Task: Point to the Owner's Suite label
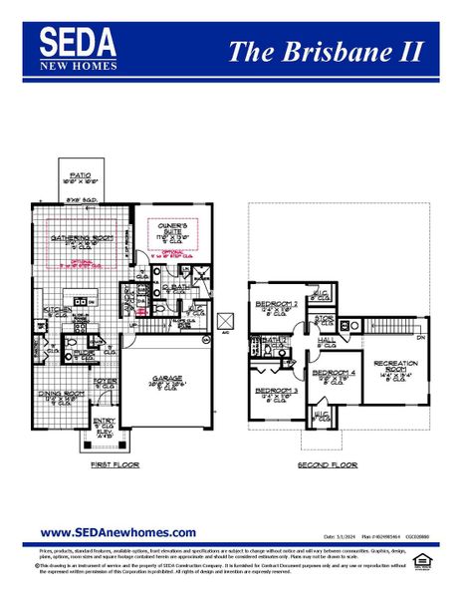tap(172, 226)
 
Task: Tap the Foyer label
tap(105, 381)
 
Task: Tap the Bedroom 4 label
tap(331, 373)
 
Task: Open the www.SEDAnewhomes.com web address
tap(117, 532)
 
